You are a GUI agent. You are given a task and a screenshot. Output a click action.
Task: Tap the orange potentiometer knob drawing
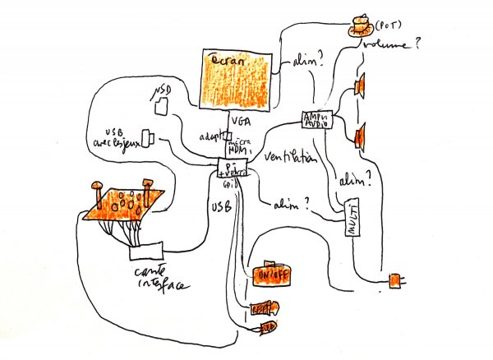point(359,25)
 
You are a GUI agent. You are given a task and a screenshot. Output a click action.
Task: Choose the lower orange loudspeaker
point(360,136)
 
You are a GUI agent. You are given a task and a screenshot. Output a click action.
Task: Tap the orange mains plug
point(396,281)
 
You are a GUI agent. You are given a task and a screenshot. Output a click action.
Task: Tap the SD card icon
point(162,106)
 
